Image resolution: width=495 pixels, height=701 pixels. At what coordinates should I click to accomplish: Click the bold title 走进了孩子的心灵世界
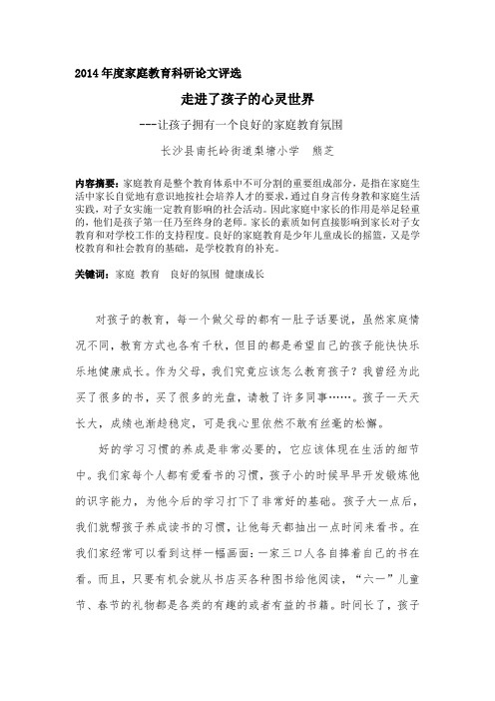tap(247, 100)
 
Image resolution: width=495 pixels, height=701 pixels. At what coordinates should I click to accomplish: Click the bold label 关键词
tap(92, 245)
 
